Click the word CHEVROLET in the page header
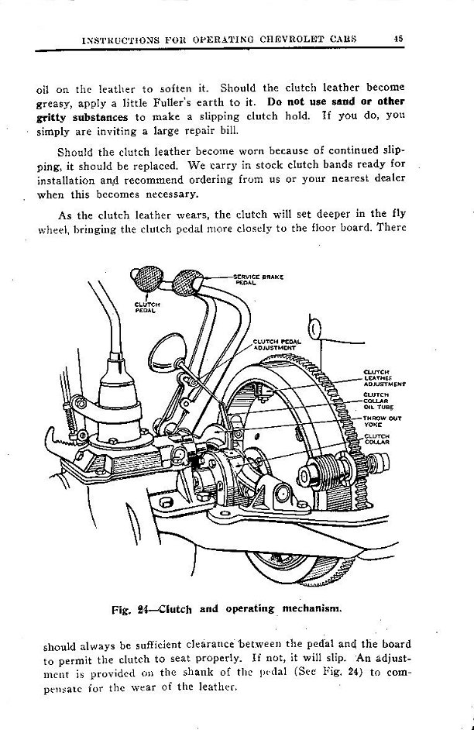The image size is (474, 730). (x=286, y=39)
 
